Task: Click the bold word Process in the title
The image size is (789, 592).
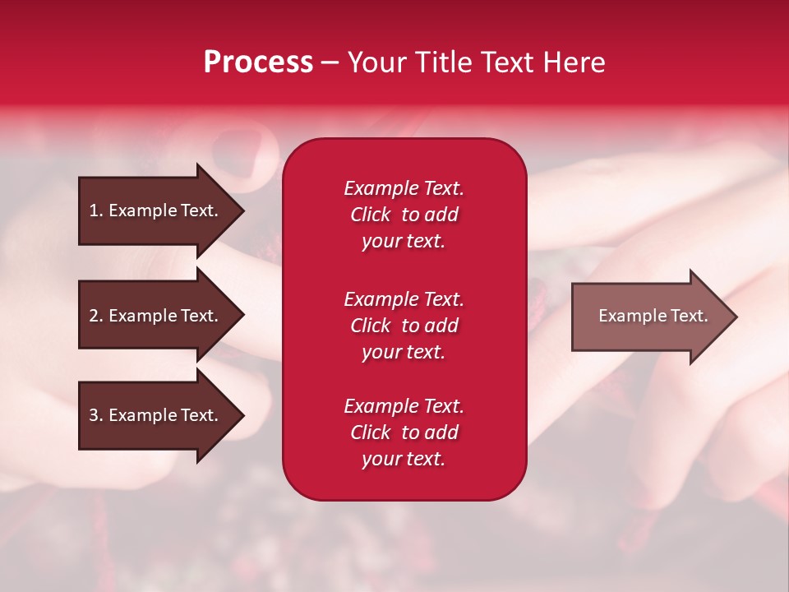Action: [258, 62]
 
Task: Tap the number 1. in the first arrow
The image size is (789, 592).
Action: [96, 210]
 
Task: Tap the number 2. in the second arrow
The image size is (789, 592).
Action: [96, 316]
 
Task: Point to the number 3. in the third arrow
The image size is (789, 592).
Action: [96, 415]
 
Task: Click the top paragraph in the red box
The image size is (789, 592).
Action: [404, 215]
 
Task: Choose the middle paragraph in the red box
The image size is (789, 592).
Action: [404, 326]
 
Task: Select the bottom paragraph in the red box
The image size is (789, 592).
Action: [404, 432]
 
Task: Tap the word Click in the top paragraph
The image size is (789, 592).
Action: [370, 215]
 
